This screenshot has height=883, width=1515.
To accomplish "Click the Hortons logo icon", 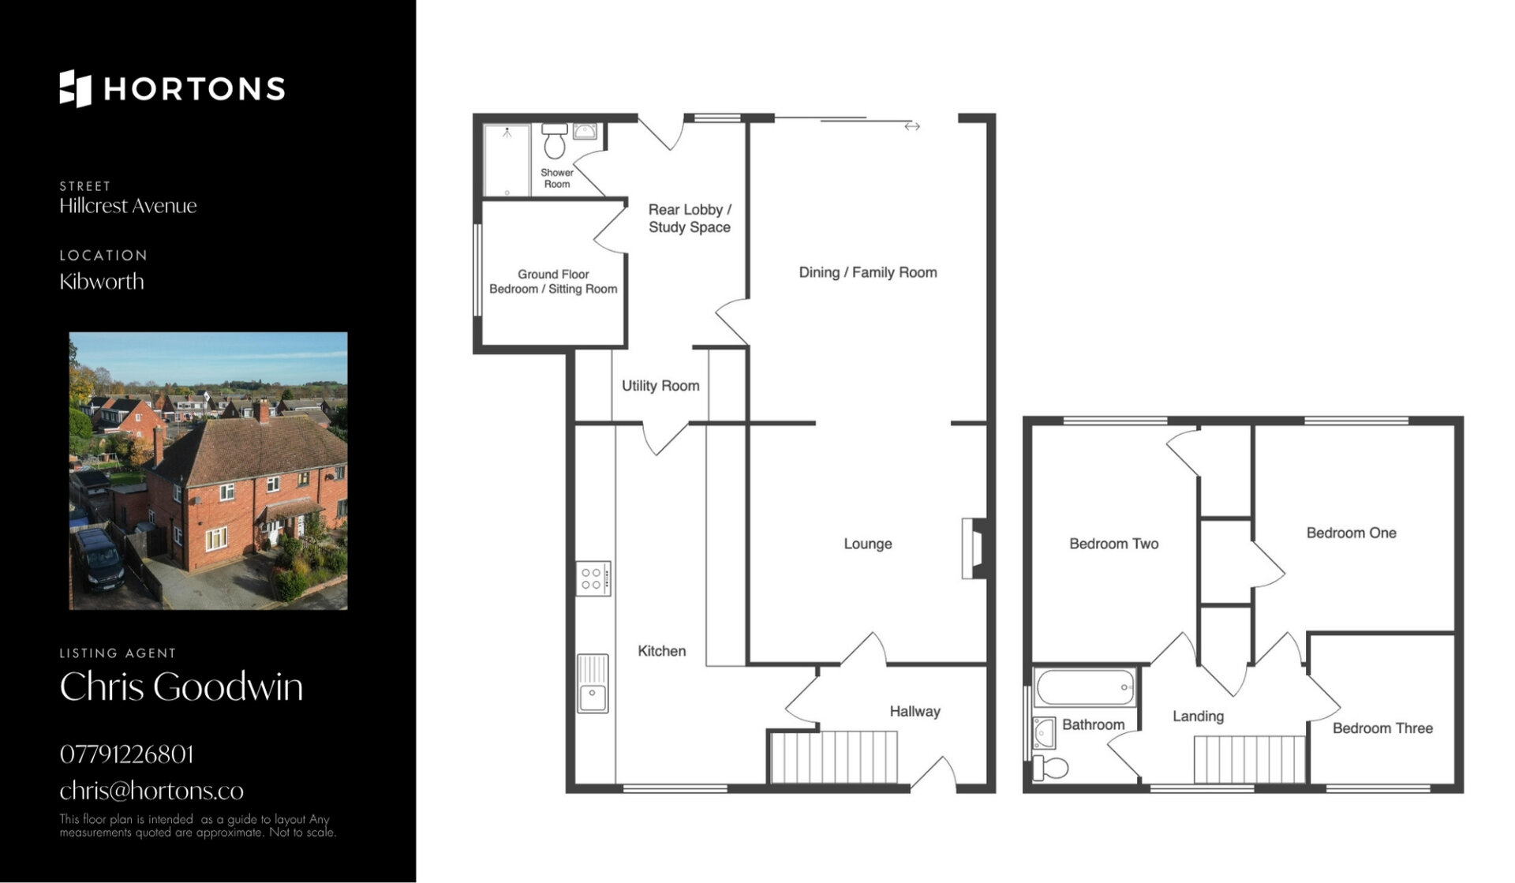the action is pos(75,88).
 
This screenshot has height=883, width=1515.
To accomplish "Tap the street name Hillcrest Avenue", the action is pos(128,206).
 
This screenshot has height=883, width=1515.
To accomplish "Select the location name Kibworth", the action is pos(102,282).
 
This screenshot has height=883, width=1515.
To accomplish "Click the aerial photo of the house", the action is pos(208,471).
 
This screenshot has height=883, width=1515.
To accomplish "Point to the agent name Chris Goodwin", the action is pos(181,687).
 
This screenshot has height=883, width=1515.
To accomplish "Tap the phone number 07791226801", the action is pos(126,754).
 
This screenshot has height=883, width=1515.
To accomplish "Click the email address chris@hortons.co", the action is pos(151,791).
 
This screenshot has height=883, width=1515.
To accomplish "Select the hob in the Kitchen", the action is pos(593,578).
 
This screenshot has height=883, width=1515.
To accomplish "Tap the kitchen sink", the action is pos(593,683).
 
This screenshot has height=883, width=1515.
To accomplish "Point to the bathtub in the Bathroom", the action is pos(1086,687).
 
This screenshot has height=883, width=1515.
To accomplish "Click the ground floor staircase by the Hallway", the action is pos(834,758).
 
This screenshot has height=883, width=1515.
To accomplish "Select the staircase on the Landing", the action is pos(1249,759).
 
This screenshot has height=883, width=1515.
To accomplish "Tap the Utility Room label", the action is pos(660,386).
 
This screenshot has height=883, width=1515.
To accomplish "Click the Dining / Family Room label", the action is pos(868,272).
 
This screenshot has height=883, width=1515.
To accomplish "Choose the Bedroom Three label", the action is pos(1382,728).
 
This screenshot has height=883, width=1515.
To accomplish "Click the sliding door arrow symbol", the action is pos(912,126).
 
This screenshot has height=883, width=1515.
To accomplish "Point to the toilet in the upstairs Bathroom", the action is pos(1050,768).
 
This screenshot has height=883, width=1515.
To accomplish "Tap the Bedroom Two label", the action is pos(1113,544).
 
